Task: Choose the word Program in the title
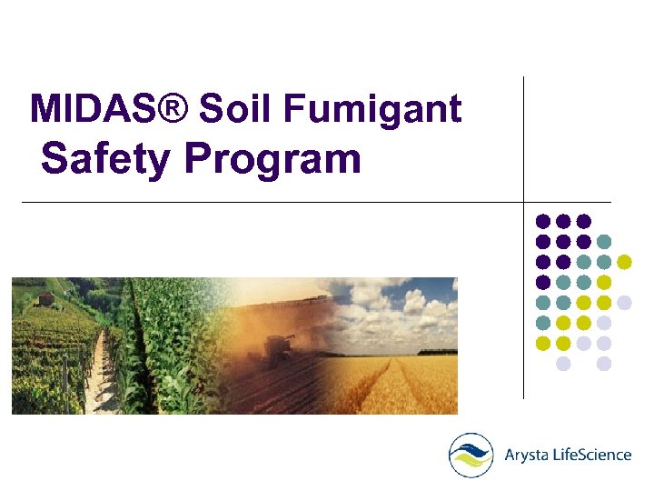click(272, 162)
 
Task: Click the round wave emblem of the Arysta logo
click(471, 455)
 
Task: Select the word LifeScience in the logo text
click(593, 455)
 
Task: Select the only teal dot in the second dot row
click(604, 241)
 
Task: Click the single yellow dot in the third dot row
click(624, 262)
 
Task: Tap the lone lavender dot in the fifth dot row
click(624, 303)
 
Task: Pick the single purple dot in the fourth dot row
click(543, 282)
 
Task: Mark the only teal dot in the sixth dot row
click(543, 323)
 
